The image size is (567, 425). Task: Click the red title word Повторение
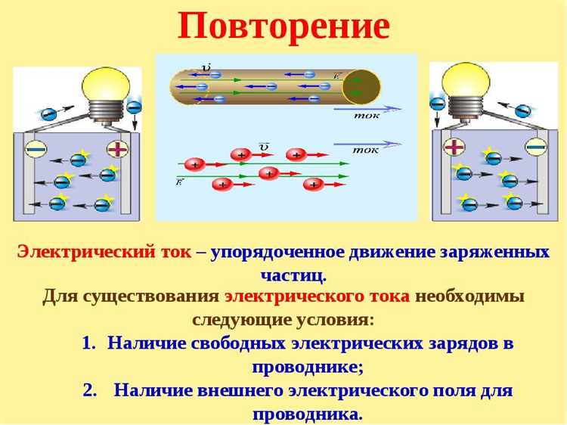pyautogui.click(x=283, y=26)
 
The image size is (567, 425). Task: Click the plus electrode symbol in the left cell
pyautogui.click(x=117, y=148)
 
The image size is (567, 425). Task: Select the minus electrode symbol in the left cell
pyautogui.click(x=36, y=147)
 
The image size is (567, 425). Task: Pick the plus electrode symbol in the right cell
pyautogui.click(x=454, y=146)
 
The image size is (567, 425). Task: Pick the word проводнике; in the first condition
pyautogui.click(x=307, y=367)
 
